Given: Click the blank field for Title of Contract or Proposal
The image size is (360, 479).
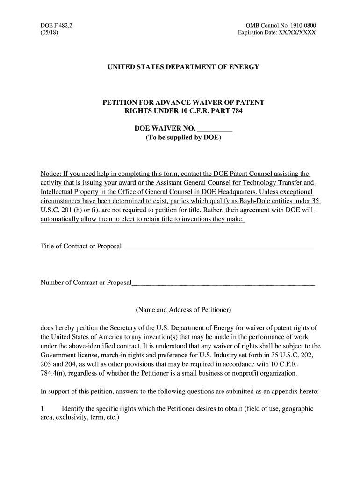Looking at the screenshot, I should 218,247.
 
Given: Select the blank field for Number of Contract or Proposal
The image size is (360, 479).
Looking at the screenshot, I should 223,283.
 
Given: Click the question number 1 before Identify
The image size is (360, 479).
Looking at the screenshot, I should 43,408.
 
